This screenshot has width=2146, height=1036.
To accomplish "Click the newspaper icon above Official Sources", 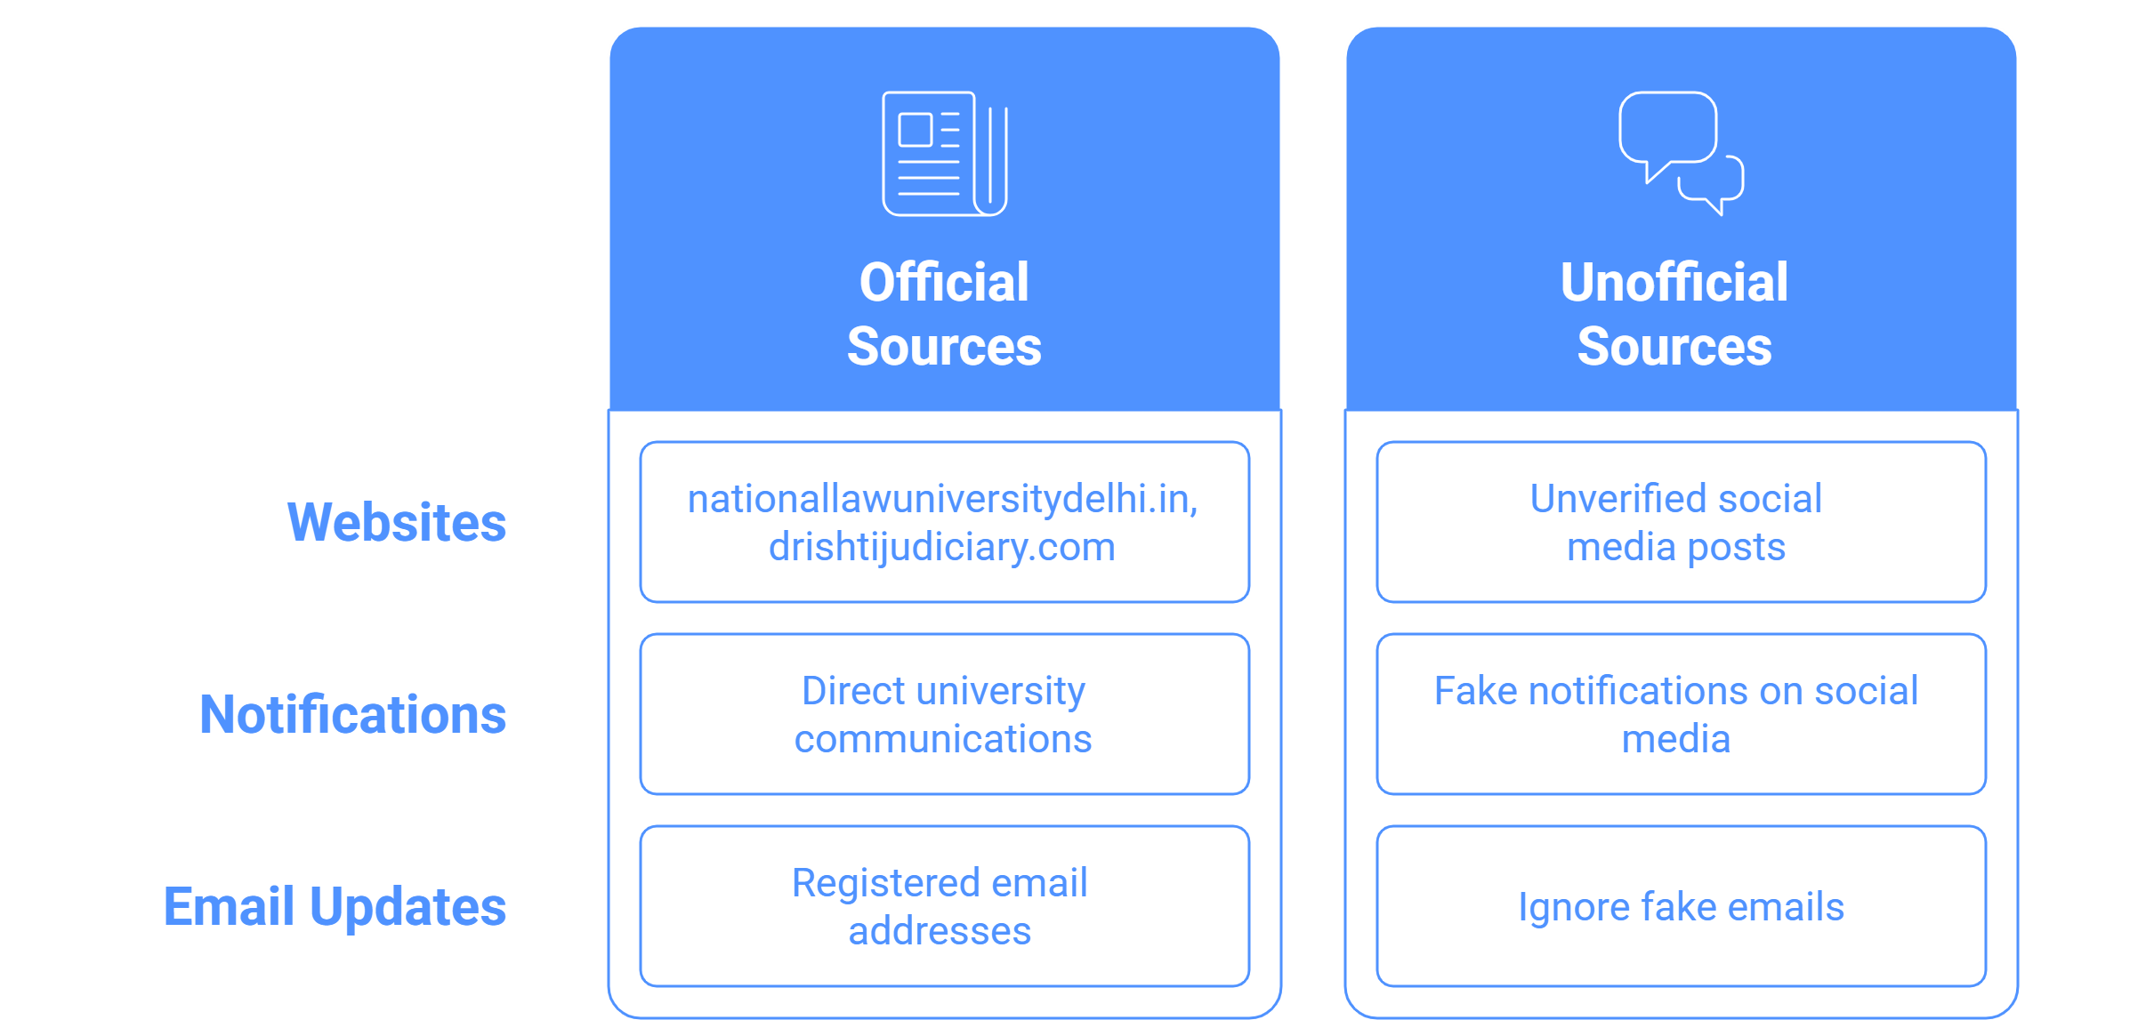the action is click(x=944, y=153).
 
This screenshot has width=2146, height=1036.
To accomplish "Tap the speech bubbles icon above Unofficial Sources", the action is click(x=1681, y=153).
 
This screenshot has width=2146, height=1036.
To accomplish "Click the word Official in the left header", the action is click(x=944, y=283).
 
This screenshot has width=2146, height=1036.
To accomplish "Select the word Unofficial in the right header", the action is click(x=1674, y=283).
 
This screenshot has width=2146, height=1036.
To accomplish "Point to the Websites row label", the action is click(x=397, y=522).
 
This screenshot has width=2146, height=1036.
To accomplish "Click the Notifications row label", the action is click(x=353, y=714).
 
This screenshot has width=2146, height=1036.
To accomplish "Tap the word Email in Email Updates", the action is click(x=229, y=906).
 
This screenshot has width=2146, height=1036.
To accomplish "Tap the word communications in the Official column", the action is click(x=943, y=739).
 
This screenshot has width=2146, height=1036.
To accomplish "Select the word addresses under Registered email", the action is click(x=940, y=931).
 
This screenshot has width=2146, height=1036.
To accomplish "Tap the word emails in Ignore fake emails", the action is click(x=1788, y=907).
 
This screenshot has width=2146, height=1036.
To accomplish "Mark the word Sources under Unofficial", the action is click(x=1674, y=347).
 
